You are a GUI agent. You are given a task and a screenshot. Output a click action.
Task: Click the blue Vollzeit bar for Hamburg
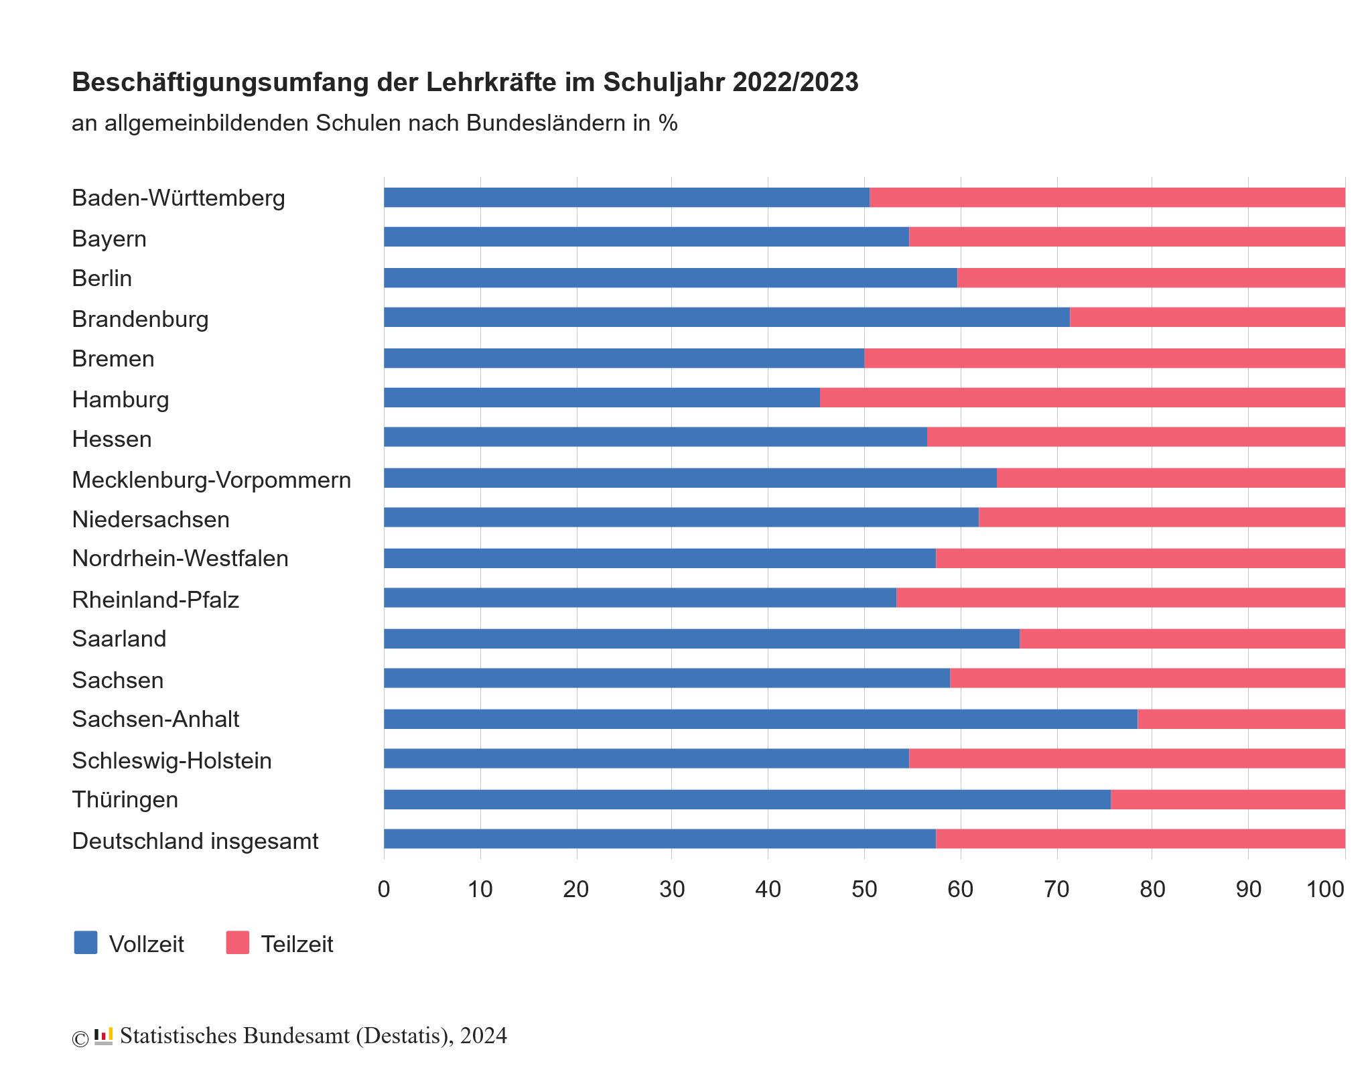pos(602,397)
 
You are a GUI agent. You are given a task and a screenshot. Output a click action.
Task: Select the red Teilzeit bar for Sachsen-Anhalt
pos(1241,719)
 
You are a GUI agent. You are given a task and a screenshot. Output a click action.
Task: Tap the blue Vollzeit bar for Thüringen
pos(747,799)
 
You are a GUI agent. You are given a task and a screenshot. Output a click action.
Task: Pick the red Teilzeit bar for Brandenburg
pos(1207,318)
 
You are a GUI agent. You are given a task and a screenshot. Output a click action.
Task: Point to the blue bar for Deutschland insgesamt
pos(660,839)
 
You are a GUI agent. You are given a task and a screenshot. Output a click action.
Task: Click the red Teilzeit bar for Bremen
pos(1104,358)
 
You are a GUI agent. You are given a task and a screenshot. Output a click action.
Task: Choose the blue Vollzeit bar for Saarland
pos(701,639)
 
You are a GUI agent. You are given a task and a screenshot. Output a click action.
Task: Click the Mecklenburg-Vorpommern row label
pos(211,480)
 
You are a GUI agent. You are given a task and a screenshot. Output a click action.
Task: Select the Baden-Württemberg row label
pos(178,198)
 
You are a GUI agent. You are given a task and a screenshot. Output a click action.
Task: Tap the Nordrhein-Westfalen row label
pos(180,558)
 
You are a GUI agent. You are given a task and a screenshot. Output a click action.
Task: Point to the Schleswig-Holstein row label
pos(171,760)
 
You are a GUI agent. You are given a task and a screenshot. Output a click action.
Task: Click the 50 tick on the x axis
pos(864,889)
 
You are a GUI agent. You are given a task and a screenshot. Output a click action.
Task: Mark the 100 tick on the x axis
pos(1325,889)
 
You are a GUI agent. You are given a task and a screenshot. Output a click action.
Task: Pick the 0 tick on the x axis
pos(384,889)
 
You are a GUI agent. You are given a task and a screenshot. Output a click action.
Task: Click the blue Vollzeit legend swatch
pos(86,943)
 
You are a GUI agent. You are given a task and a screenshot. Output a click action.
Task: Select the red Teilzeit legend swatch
pos(238,943)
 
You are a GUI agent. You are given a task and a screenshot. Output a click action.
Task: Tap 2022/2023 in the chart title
pos(795,82)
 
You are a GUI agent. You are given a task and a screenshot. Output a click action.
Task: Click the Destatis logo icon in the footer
pos(103,1036)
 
